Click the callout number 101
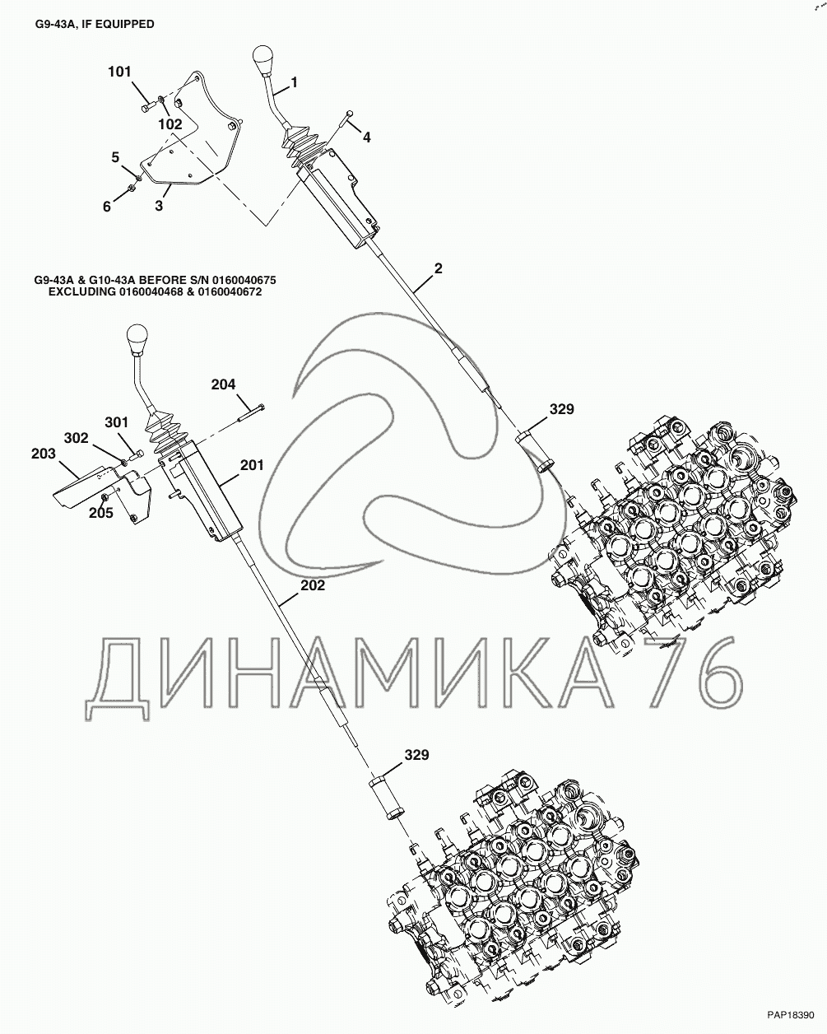(x=119, y=72)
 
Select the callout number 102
(x=170, y=124)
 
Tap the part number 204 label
(x=223, y=384)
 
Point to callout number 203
(x=44, y=454)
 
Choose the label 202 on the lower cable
(x=313, y=586)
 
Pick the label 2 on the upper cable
(x=438, y=268)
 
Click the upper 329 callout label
(x=562, y=408)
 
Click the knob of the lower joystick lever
(x=137, y=339)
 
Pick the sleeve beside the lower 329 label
(x=385, y=798)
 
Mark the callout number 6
(x=106, y=207)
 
